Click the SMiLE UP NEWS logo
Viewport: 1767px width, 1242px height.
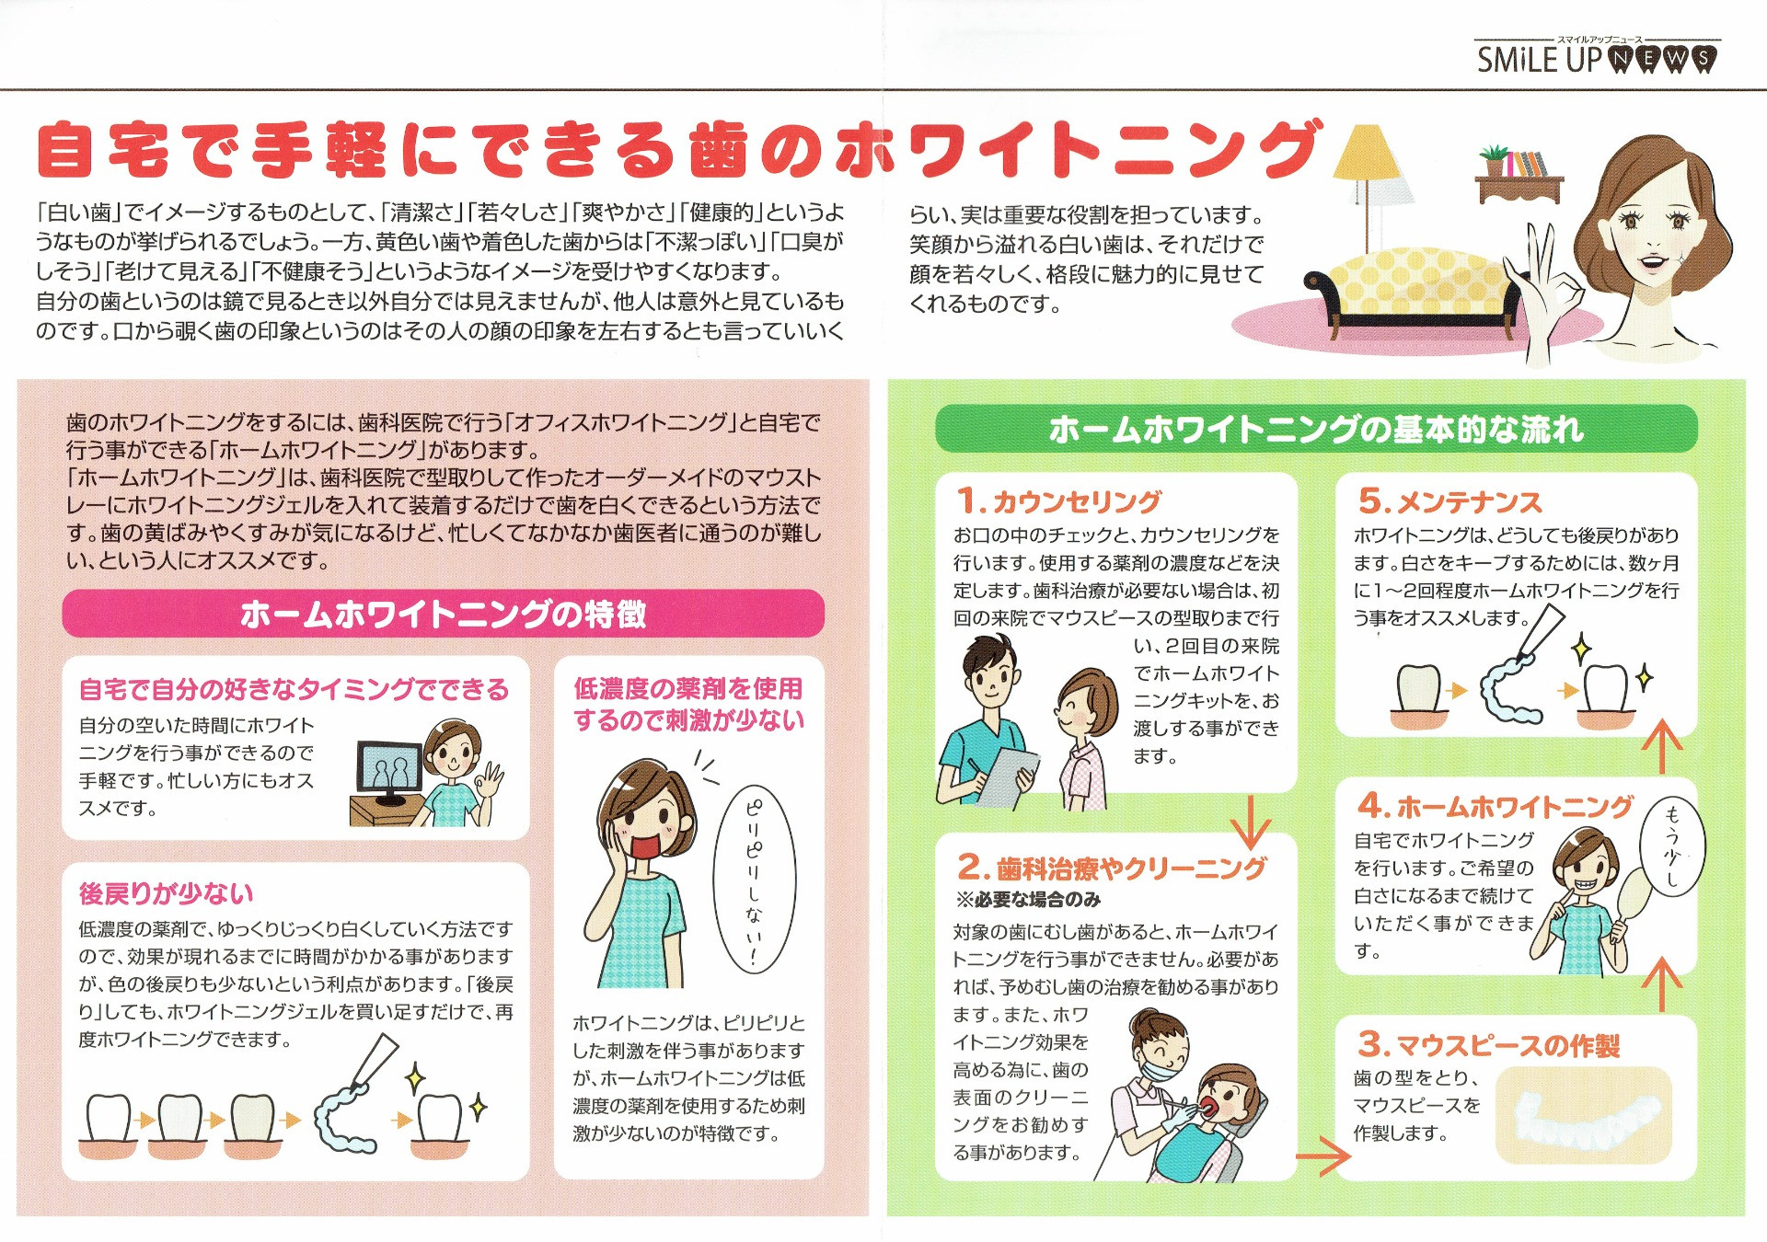[x=1597, y=58]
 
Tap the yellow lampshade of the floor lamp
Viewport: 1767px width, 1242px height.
[x=1368, y=154]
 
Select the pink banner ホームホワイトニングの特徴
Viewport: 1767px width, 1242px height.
[x=443, y=614]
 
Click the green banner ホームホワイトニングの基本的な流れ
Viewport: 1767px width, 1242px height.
[x=1316, y=429]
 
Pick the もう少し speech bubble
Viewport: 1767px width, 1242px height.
[x=1672, y=846]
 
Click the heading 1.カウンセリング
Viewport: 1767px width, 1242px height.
[x=1059, y=501]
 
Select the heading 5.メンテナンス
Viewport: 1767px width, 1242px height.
[x=1450, y=501]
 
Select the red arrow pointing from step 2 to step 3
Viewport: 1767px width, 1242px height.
[x=1322, y=1156]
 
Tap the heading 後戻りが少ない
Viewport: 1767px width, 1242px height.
[x=166, y=893]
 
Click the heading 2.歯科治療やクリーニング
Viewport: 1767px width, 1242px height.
[x=1112, y=868]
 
